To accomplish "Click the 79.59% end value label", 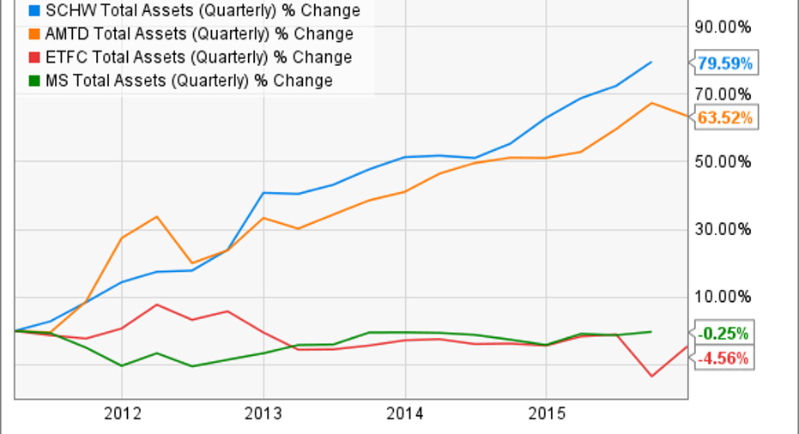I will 724,63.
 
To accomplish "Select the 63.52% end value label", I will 724,118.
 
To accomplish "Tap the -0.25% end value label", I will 722,334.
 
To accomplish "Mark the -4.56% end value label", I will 722,359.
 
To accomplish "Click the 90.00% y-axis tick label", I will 727,26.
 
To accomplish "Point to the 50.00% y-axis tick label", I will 727,161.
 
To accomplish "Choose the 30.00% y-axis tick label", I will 727,229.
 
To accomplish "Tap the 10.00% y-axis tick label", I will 727,297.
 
